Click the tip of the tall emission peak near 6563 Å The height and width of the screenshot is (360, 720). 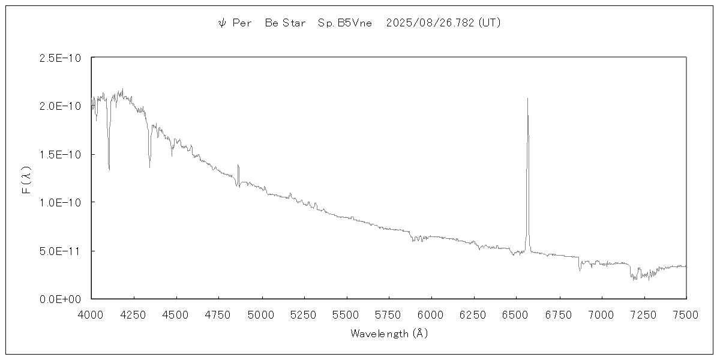click(527, 98)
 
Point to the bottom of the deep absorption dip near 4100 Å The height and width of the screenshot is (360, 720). click(109, 170)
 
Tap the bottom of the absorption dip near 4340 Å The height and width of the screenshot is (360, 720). click(149, 167)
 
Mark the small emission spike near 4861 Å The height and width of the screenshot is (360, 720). click(238, 165)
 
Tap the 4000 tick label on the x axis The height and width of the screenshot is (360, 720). click(91, 314)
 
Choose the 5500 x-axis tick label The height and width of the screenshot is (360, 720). click(346, 314)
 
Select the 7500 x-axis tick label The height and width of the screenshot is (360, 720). click(686, 314)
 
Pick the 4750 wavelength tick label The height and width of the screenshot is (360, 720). click(218, 314)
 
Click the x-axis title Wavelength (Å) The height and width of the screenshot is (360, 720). click(389, 334)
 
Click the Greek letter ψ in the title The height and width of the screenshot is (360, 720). click(221, 23)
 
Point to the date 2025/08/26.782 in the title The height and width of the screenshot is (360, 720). click(431, 23)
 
